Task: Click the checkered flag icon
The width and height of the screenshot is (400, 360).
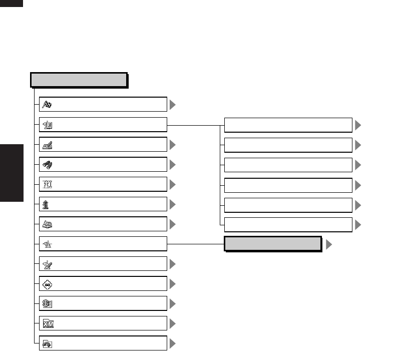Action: coord(47,105)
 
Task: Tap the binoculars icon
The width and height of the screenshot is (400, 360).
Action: coord(47,165)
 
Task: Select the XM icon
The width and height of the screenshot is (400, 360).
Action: coord(47,323)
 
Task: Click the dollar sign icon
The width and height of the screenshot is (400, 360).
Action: coord(47,303)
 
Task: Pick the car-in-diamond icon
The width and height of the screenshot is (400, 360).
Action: coord(47,284)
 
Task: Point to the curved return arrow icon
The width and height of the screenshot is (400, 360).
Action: coord(47,343)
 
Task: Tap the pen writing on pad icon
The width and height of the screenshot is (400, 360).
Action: coord(47,145)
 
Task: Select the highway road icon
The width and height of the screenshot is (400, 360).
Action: coord(47,184)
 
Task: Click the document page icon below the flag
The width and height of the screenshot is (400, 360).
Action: coord(47,125)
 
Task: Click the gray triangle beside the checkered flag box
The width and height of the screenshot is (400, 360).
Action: coord(173,105)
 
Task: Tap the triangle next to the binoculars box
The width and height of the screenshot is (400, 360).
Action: coord(173,165)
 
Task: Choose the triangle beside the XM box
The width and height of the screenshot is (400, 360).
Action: coord(173,323)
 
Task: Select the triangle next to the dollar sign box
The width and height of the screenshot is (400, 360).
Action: coord(173,303)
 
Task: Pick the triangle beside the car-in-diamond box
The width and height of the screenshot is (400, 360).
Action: coord(173,284)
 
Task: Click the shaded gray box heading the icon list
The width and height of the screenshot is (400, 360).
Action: coord(78,80)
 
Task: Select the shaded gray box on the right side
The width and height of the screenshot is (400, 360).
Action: coord(272,244)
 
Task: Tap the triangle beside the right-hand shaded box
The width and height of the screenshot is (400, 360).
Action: coord(329,244)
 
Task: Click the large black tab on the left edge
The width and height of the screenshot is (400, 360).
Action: coord(12,173)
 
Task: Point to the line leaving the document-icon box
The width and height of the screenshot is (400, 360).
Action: coord(193,125)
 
